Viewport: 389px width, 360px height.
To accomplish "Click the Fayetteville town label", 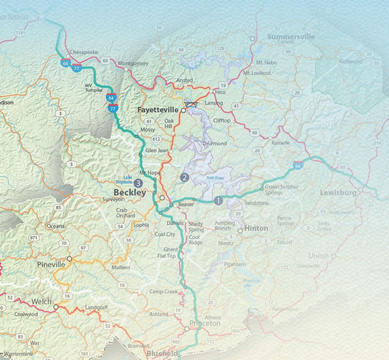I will (158, 109).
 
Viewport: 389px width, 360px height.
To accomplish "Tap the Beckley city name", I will (130, 193).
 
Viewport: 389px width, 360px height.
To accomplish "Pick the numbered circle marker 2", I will (184, 177).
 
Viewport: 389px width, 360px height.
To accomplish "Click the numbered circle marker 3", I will (138, 183).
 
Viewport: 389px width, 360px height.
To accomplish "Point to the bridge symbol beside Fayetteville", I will (191, 104).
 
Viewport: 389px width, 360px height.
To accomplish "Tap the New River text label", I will (215, 178).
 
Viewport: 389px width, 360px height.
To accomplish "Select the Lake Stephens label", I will (123, 180).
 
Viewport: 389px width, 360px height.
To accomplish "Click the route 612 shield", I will (156, 139).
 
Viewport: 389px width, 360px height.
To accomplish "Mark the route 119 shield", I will (19, 33).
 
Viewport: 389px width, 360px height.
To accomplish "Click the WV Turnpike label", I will (93, 88).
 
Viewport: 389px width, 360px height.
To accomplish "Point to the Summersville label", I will (291, 37).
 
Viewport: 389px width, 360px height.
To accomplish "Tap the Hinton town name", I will (256, 228).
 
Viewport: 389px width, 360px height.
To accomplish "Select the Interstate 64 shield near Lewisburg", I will (298, 165).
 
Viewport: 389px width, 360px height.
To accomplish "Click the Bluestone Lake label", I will (251, 283).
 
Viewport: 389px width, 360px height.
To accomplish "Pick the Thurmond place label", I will (214, 144).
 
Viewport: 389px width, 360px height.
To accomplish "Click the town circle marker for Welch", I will (56, 307).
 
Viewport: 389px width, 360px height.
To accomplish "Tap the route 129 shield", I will (220, 49).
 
